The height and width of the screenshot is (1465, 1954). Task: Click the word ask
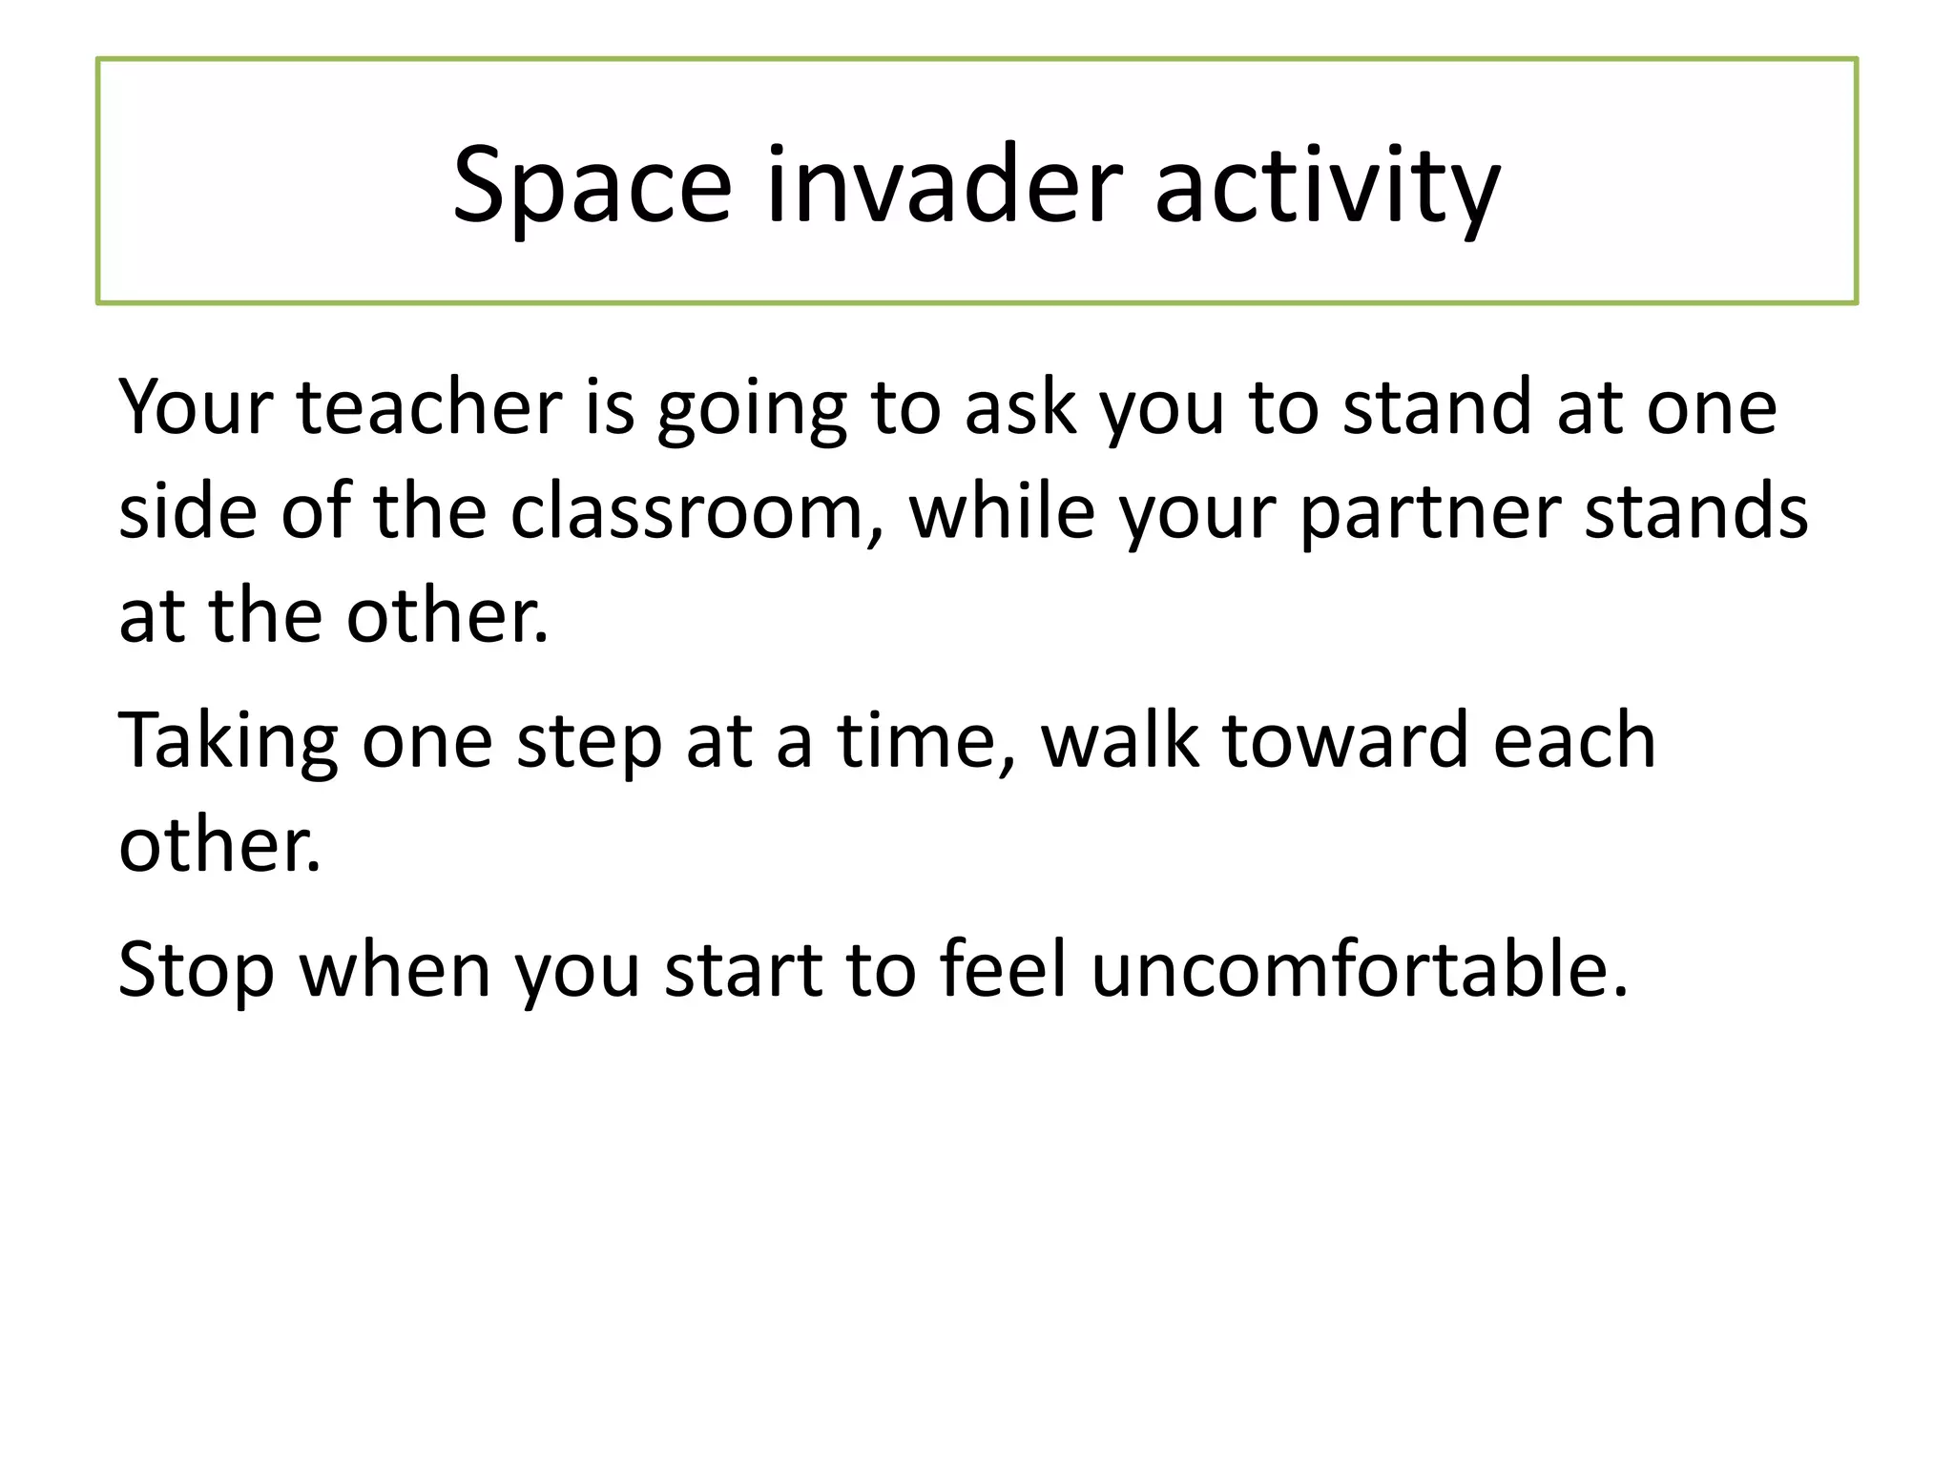pyautogui.click(x=1020, y=408)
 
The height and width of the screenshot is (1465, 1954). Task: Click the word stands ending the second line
pyautogui.click(x=1696, y=512)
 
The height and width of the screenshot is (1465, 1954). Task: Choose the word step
pyautogui.click(x=589, y=744)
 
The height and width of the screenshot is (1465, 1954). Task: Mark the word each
pyautogui.click(x=1574, y=741)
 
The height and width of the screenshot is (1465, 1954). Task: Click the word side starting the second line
pyautogui.click(x=188, y=512)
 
